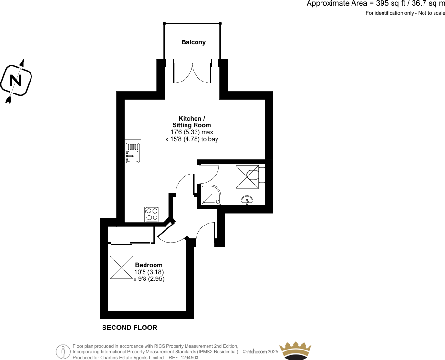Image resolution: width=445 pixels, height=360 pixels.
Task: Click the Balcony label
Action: (193, 42)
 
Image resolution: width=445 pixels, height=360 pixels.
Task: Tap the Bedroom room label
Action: (149, 265)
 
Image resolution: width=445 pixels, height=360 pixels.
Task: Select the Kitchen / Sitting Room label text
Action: (192, 122)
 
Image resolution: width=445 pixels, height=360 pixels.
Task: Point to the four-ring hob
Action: (152, 214)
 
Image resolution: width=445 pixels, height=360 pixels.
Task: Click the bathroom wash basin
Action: (248, 200)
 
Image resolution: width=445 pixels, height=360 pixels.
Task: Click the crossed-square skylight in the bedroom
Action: (122, 267)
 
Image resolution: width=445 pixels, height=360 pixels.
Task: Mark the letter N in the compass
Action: (16, 81)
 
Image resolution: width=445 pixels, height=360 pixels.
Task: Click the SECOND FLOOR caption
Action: (130, 328)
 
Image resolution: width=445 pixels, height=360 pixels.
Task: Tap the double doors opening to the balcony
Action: (193, 74)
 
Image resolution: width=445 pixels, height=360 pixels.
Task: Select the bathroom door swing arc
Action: (209, 174)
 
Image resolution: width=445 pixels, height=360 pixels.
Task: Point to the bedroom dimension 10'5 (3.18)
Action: (149, 272)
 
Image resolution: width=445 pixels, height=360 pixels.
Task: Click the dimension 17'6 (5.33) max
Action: (192, 132)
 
